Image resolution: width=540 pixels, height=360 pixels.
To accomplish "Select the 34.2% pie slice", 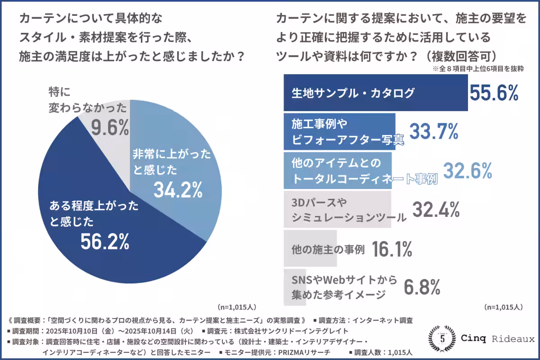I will (x=180, y=171).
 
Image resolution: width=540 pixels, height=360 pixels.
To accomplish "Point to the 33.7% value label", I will (x=432, y=131).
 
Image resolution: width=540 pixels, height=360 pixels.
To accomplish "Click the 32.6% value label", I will (x=468, y=171).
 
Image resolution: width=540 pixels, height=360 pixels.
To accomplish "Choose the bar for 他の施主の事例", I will (x=310, y=249).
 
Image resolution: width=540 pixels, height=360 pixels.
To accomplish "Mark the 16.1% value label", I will (x=392, y=249).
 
